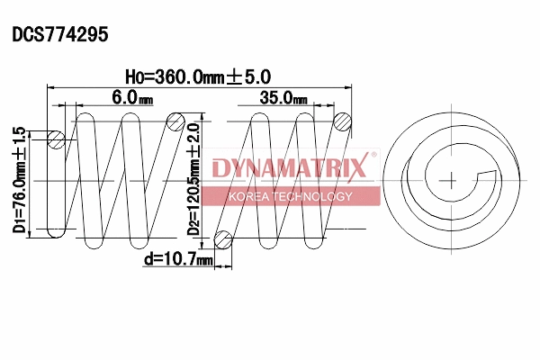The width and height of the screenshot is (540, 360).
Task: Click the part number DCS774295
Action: pyautogui.click(x=59, y=35)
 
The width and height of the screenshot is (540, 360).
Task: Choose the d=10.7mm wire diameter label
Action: pyautogui.click(x=177, y=260)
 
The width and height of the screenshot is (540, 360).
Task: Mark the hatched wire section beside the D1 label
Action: pyautogui.click(x=56, y=139)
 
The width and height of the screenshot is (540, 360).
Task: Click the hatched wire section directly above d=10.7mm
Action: pyautogui.click(x=223, y=238)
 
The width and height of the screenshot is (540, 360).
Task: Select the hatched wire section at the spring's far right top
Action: pyautogui.click(x=342, y=121)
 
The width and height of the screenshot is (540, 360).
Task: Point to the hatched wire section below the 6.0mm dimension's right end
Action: pyautogui.click(x=178, y=121)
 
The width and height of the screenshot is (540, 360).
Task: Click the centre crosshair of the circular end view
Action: pyautogui.click(x=447, y=180)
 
